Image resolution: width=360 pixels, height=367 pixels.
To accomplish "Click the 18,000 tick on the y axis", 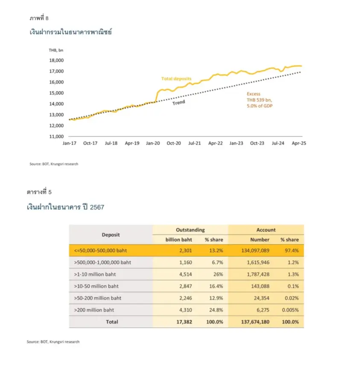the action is point(56,61).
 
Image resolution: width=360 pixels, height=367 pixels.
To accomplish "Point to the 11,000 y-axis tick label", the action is point(56,137).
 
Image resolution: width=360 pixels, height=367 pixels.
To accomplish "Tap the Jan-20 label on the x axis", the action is point(153,143).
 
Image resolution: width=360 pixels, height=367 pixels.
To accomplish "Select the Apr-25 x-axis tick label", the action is point(299,143).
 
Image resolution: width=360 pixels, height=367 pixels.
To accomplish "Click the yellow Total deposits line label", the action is point(176,79).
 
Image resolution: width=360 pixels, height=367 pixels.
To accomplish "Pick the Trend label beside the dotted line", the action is point(179,102).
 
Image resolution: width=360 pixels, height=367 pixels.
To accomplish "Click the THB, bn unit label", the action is point(56,50).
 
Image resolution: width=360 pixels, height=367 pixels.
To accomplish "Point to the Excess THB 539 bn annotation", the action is point(260,100).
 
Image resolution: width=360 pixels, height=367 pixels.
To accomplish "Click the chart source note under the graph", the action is point(54,164).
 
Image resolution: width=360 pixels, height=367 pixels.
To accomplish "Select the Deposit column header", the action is point(111,235).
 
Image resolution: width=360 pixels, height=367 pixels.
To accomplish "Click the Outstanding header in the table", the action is point(190,230).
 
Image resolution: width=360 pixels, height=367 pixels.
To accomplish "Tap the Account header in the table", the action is point(266,230).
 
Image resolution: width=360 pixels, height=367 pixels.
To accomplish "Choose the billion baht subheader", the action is point(179,240).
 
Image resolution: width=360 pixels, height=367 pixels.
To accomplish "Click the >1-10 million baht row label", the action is point(95,274).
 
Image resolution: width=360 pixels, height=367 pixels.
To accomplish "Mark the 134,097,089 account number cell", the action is point(255,250).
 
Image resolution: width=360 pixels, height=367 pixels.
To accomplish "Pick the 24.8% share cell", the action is point(216,310).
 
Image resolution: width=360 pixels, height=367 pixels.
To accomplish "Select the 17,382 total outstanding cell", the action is point(184,322).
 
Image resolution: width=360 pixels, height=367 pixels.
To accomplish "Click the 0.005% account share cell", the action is point(290,310).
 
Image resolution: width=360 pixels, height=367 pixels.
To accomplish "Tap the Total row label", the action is point(112,322).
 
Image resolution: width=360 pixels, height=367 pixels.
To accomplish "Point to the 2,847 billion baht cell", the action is point(185,286).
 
